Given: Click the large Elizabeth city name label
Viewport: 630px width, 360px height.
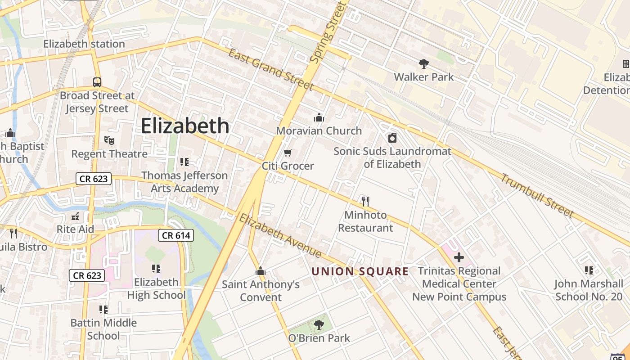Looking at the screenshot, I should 185,126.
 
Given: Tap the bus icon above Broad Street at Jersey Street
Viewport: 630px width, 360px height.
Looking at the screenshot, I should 97,82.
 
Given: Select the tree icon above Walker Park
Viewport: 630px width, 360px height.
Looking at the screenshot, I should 423,64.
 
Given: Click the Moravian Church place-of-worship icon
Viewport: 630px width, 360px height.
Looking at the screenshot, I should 319,118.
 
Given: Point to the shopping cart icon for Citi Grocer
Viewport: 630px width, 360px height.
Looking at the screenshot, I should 288,153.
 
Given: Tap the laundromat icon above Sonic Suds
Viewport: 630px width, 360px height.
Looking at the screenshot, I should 392,138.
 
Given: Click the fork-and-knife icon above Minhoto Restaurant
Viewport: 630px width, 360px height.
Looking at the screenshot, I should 365,201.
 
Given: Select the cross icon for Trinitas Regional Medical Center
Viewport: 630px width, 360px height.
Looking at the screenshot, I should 459,257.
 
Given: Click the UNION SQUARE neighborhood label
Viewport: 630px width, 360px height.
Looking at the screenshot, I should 360,271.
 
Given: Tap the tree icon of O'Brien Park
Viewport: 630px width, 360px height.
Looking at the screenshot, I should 319,324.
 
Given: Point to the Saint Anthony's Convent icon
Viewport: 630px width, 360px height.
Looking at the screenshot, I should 260,271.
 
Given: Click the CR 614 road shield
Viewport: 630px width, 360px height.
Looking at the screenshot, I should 176,235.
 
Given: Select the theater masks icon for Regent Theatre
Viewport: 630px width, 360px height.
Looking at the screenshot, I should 109,140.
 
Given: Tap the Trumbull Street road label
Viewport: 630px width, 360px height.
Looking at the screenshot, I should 537,195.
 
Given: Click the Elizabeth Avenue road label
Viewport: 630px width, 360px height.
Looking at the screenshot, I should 280,236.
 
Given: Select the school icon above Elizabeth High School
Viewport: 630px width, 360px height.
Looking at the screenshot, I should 156,269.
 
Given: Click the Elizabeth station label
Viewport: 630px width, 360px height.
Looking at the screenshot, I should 84,44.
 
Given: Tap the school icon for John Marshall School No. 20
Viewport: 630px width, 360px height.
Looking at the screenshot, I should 589,270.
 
